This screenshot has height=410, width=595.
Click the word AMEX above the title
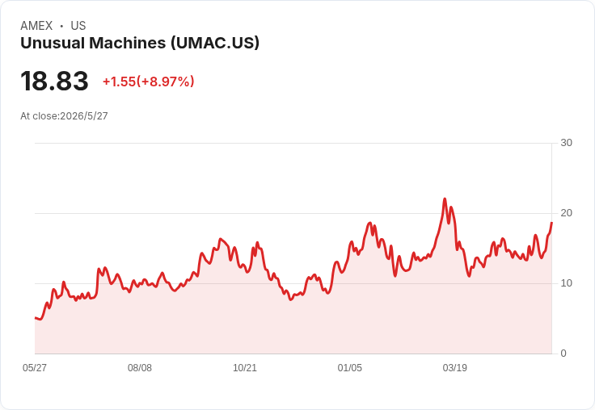(36, 26)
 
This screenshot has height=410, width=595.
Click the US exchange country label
(78, 26)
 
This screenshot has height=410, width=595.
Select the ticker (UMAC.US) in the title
(215, 43)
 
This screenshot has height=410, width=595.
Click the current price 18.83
(54, 81)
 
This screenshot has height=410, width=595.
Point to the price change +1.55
(119, 82)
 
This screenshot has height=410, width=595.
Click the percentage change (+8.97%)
(166, 82)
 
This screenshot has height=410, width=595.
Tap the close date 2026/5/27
(84, 116)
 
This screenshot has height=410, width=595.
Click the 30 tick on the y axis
(566, 143)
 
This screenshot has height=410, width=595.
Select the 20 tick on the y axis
(566, 213)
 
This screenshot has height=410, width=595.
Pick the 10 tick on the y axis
(566, 283)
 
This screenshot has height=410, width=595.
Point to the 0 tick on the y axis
(563, 354)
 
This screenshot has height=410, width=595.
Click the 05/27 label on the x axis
(35, 367)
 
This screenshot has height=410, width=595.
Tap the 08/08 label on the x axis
(140, 367)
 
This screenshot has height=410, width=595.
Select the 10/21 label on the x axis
(245, 367)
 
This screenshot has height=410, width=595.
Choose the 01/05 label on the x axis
(350, 367)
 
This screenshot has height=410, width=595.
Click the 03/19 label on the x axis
(454, 367)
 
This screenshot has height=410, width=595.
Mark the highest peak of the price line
(445, 199)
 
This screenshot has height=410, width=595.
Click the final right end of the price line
(551, 223)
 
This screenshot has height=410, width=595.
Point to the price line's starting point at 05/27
(35, 317)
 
